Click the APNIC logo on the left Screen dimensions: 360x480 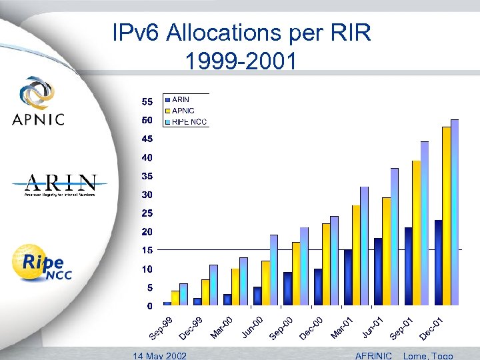click(x=38, y=101)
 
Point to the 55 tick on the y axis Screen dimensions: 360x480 click(x=146, y=102)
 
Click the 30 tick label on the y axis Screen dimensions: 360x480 click(x=146, y=195)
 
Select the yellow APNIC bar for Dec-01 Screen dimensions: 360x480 click(x=446, y=216)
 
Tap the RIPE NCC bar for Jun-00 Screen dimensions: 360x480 click(x=274, y=270)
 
